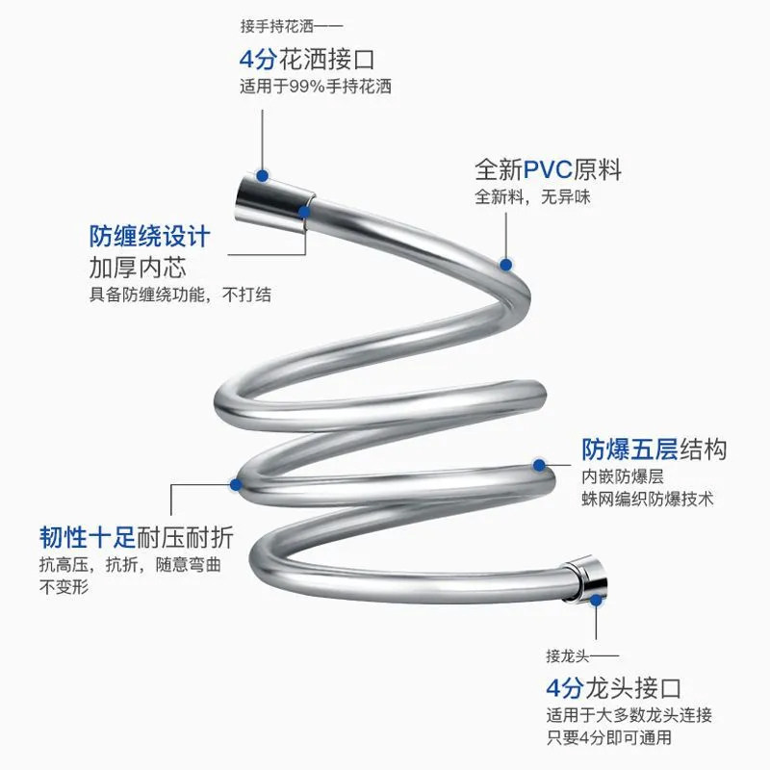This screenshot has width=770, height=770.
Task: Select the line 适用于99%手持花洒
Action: point(315,86)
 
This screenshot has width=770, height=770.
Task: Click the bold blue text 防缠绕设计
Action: point(149,237)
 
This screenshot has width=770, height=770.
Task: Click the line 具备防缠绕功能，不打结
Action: point(180,295)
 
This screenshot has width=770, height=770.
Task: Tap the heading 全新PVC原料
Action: point(548,171)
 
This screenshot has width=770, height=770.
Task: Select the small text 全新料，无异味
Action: point(531,198)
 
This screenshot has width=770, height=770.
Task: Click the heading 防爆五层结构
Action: point(654,449)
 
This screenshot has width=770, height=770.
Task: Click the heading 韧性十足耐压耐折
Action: point(136,536)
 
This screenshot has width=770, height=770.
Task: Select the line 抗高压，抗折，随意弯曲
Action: point(129,564)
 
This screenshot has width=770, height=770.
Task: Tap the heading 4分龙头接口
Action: point(613,689)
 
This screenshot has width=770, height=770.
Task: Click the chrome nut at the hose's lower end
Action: point(585,577)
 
